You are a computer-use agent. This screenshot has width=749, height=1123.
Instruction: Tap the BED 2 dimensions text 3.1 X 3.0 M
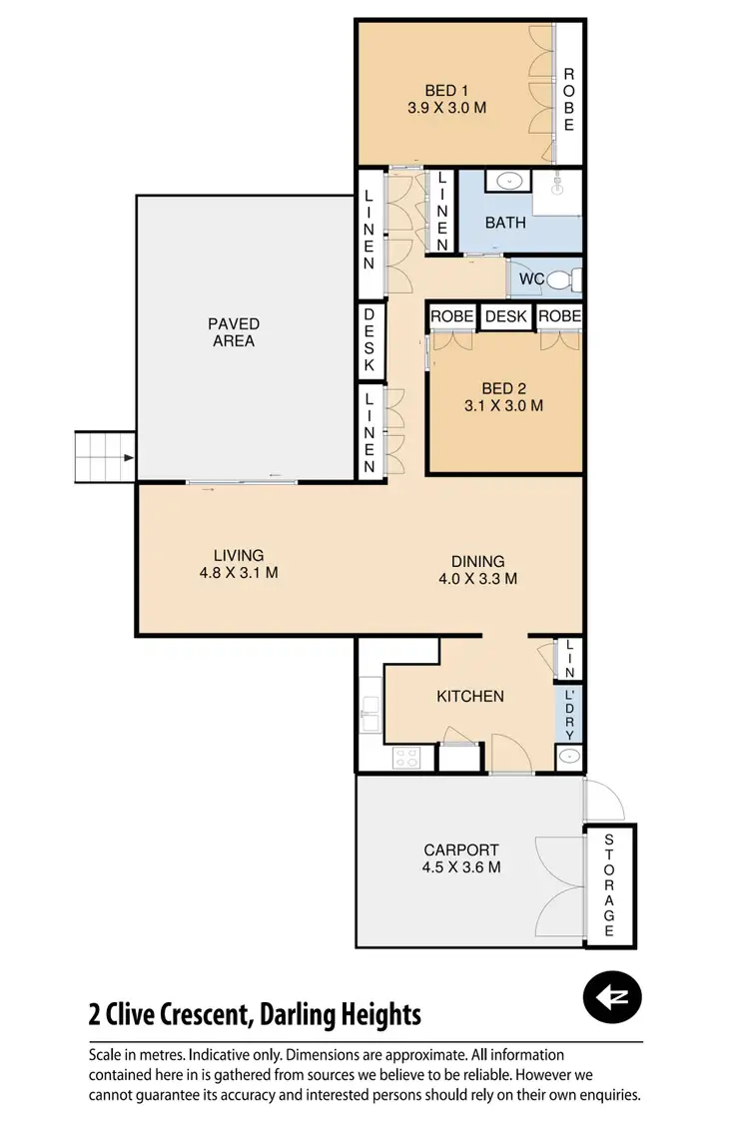(x=503, y=406)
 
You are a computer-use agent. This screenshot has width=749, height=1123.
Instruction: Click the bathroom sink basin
(x=509, y=182)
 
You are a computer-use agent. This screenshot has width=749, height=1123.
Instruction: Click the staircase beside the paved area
(x=105, y=458)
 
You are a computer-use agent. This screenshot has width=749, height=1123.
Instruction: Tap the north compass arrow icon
(x=611, y=996)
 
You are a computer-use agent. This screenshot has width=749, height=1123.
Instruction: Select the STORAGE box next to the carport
(x=609, y=884)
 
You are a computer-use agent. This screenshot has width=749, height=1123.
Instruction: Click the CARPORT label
(x=461, y=850)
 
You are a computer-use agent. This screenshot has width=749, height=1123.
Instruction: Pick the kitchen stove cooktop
(x=407, y=758)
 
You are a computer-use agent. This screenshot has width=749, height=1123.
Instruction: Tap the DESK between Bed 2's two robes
(x=505, y=316)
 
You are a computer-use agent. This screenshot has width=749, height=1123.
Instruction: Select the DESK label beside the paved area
(x=369, y=340)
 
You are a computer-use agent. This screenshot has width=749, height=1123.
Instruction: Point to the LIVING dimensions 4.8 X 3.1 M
(x=239, y=573)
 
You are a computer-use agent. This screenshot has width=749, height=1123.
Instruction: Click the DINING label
(x=477, y=561)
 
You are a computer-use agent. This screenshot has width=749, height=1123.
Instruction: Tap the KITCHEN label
(x=470, y=696)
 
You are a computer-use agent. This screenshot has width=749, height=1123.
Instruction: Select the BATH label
(x=505, y=223)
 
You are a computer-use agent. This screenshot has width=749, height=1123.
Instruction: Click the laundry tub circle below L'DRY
(x=568, y=758)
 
